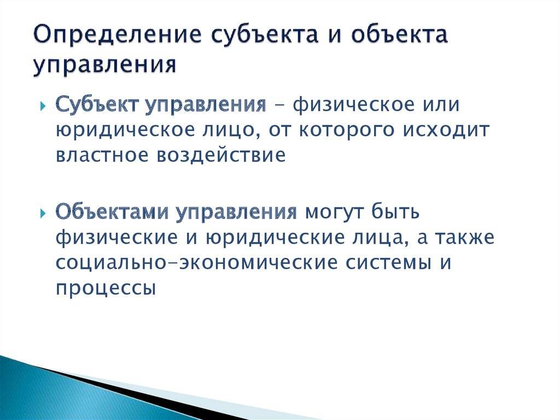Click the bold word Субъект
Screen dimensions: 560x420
point(97,105)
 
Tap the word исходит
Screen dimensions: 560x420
point(446,131)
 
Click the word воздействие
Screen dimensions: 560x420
point(221,156)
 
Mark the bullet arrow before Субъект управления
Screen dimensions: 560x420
point(43,106)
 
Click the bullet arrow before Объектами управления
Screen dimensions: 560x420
point(43,214)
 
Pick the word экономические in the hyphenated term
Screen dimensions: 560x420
point(259,263)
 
